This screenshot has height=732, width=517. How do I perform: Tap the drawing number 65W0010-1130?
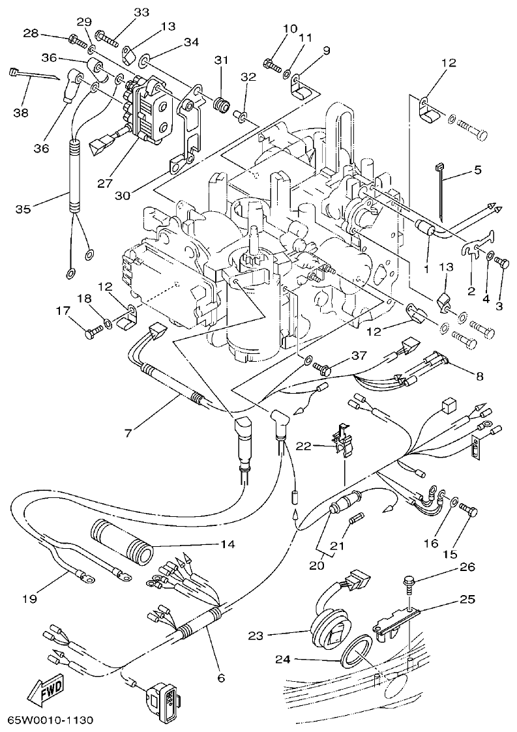point(50,720)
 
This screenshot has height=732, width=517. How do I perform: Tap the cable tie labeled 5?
point(439,189)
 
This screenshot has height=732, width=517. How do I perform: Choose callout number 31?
point(222,60)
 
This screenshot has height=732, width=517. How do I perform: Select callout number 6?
point(221,678)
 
